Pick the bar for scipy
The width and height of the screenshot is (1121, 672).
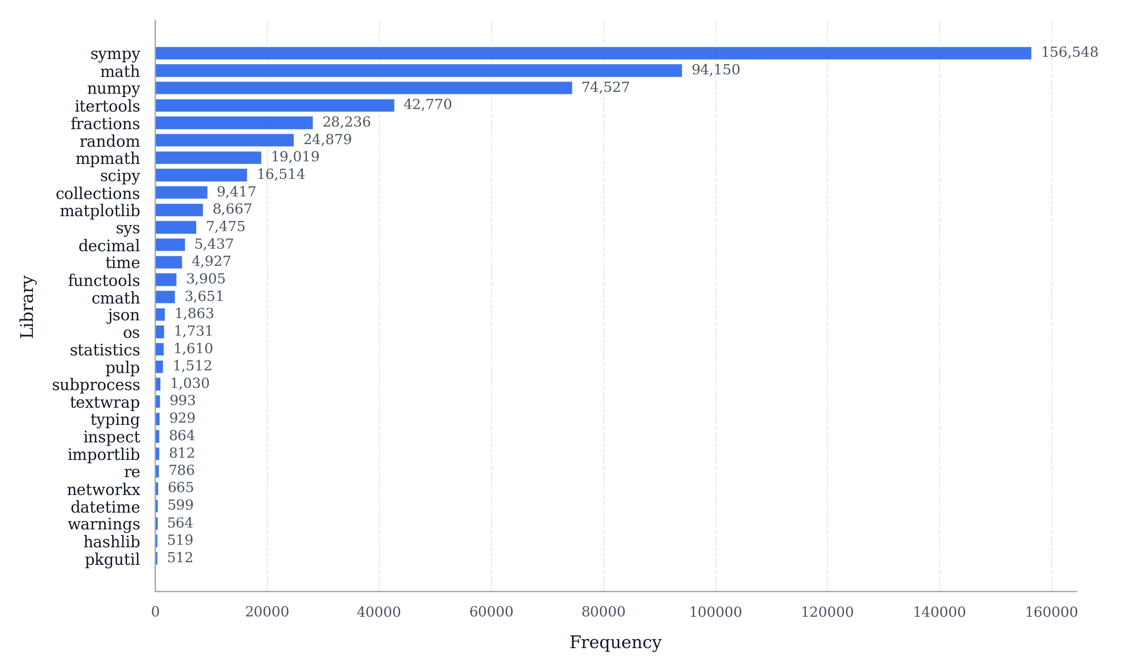pyautogui.click(x=201, y=175)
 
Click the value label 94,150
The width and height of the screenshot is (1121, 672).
pyautogui.click(x=715, y=70)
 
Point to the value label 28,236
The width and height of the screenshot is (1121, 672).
pyautogui.click(x=346, y=122)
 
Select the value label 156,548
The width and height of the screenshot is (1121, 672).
pyautogui.click(x=1069, y=53)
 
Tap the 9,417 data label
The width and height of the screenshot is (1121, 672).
pyautogui.click(x=236, y=192)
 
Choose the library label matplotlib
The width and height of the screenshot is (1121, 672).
pyautogui.click(x=100, y=211)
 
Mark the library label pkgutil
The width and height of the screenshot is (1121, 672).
pyautogui.click(x=112, y=559)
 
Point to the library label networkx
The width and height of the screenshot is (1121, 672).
pyautogui.click(x=103, y=489)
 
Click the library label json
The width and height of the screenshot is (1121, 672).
pyautogui.click(x=123, y=315)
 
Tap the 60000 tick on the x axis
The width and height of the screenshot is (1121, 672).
pyautogui.click(x=491, y=612)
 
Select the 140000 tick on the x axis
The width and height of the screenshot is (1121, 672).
pyautogui.click(x=939, y=612)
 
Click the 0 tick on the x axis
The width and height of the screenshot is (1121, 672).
pyautogui.click(x=155, y=612)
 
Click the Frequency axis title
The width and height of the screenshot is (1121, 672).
pyautogui.click(x=615, y=643)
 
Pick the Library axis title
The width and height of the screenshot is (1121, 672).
pyautogui.click(x=27, y=307)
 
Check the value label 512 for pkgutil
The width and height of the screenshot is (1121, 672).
pyautogui.click(x=180, y=558)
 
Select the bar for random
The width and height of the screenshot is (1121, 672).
pyautogui.click(x=224, y=140)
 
